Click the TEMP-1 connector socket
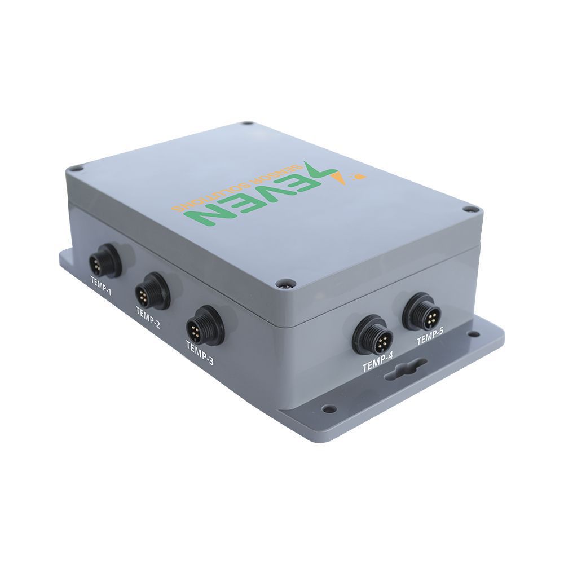105,262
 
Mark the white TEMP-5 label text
430,339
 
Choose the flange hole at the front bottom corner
329,409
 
